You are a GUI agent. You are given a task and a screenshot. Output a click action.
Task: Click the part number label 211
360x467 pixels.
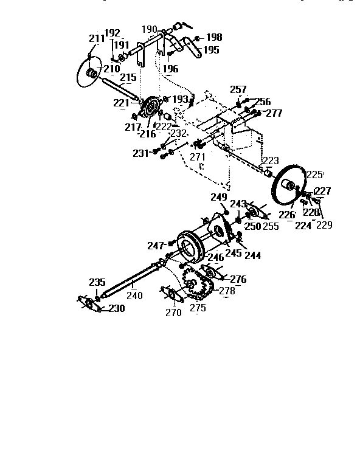click(95, 38)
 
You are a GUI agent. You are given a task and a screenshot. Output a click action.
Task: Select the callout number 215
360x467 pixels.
click(128, 78)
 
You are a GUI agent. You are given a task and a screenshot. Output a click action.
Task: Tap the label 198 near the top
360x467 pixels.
click(214, 38)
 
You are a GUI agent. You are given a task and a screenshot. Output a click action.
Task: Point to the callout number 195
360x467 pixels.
click(211, 50)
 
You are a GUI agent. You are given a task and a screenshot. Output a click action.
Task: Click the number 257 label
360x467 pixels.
click(238, 90)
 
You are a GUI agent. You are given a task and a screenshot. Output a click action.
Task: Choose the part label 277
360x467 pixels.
click(274, 113)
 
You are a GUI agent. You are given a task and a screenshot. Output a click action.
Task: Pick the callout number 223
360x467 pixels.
click(271, 161)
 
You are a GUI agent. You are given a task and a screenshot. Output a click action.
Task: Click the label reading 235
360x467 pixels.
click(97, 282)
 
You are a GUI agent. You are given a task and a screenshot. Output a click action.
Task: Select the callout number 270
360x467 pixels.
click(173, 313)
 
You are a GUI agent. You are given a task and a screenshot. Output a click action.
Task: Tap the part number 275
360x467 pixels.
click(198, 308)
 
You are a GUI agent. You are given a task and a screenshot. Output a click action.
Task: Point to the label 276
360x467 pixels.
click(238, 279)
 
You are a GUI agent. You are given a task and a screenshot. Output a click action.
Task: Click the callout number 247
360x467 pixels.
click(156, 246)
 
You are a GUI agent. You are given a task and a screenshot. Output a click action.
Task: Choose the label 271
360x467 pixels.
click(198, 156)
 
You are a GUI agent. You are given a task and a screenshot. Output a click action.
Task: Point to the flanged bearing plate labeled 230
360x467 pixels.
click(91, 304)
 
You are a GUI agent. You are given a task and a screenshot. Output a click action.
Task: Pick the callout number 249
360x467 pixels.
click(219, 197)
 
